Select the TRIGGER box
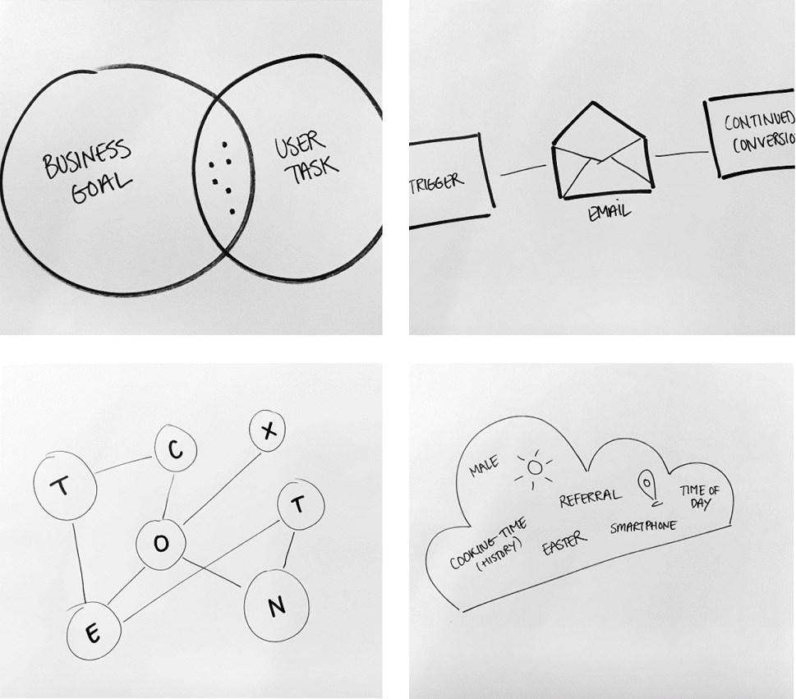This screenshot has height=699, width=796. (x=450, y=181)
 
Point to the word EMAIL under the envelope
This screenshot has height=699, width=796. (x=609, y=213)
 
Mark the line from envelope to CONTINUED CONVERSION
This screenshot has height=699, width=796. (x=681, y=153)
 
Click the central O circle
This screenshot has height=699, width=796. (x=163, y=542)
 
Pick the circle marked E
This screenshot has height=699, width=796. (x=94, y=632)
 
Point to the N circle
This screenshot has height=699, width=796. (x=277, y=606)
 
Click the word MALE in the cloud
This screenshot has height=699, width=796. (x=484, y=469)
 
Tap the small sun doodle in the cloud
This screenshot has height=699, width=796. (x=535, y=469)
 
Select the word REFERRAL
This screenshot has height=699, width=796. (x=590, y=498)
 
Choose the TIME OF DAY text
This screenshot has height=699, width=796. (x=699, y=496)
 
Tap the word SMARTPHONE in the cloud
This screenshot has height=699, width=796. (x=643, y=527)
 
